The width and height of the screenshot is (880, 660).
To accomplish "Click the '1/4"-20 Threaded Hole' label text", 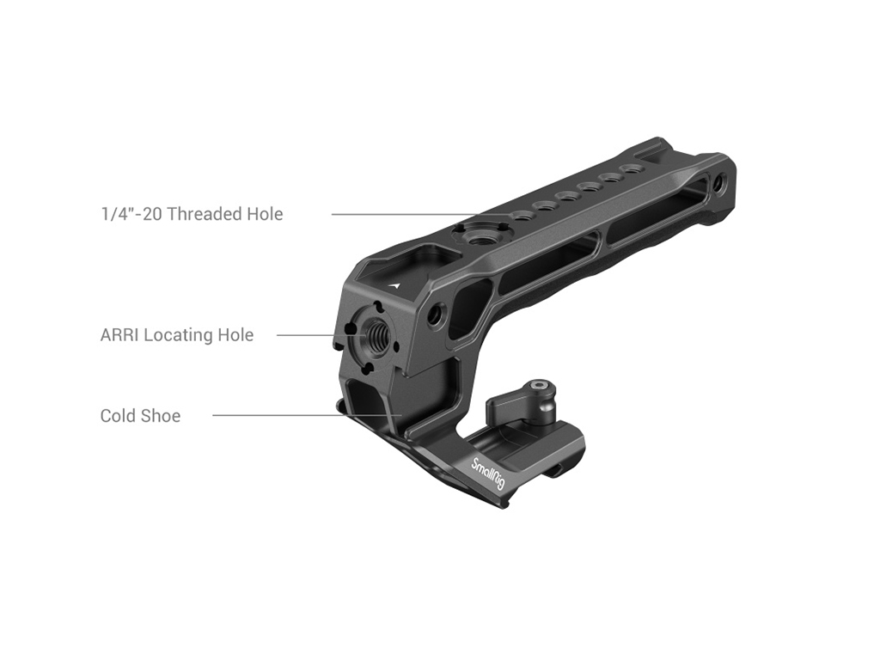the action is [x=192, y=214].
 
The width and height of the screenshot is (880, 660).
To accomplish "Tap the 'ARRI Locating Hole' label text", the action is [x=177, y=335].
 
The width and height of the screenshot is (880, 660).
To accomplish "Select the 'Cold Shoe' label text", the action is [x=140, y=416].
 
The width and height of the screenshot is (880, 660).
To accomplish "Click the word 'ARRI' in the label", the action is [x=119, y=335].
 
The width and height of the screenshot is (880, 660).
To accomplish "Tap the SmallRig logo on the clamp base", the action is [x=488, y=472].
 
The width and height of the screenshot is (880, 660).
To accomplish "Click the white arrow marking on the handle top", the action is [x=398, y=285].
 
